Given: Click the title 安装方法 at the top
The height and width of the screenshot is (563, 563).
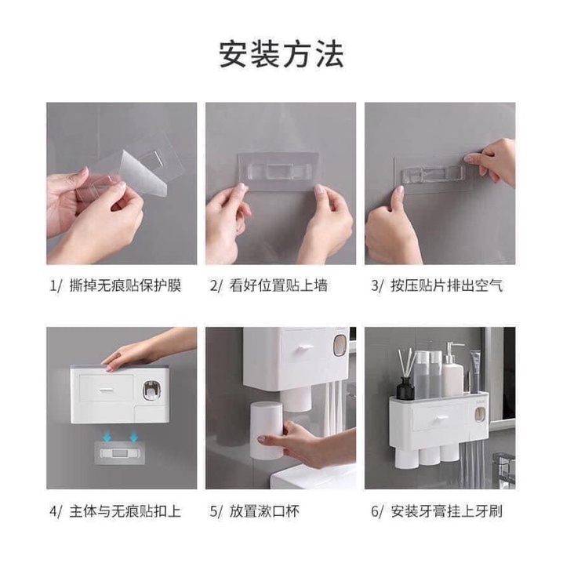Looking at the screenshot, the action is (x=281, y=55).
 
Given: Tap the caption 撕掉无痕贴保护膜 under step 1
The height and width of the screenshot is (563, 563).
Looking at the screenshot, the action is (x=125, y=285).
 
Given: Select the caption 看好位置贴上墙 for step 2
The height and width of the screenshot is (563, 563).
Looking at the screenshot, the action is (x=278, y=285).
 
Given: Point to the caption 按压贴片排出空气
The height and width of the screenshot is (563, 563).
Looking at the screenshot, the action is (x=446, y=285).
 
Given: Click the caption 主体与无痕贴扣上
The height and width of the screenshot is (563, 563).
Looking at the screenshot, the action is (x=125, y=511).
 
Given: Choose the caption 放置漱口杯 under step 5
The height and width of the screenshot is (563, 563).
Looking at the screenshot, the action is (x=264, y=511).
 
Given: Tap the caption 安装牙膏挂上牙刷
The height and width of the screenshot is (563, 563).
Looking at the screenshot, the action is (x=446, y=511).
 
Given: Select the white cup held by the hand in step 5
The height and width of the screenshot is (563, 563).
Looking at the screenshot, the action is (x=266, y=430).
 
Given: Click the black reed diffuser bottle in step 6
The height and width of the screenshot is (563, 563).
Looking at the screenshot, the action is (x=406, y=387).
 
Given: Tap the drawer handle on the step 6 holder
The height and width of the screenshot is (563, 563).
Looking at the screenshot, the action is (x=440, y=418).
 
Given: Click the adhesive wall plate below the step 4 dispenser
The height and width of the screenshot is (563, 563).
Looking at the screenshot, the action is (x=119, y=453).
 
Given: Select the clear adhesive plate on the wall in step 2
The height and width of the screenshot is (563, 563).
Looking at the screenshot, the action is (x=278, y=172).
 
